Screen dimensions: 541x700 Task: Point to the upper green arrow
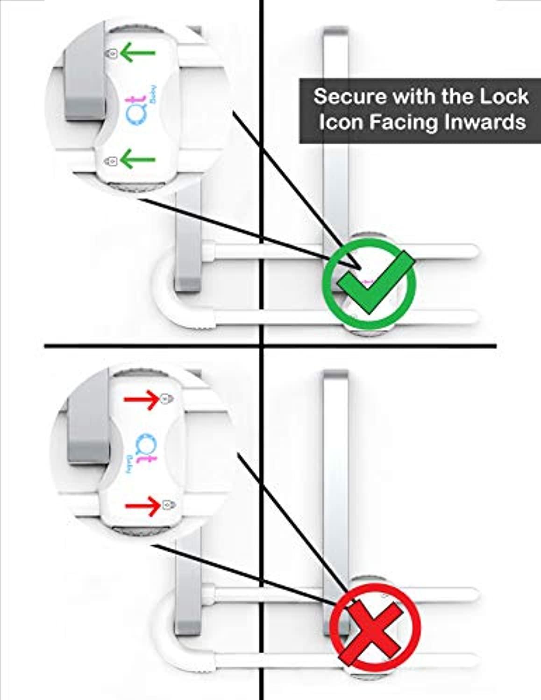click(x=137, y=53)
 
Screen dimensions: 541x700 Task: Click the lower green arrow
click(x=137, y=159)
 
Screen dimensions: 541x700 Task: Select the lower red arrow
click(x=143, y=506)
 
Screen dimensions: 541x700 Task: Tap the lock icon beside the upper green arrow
click(x=112, y=54)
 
